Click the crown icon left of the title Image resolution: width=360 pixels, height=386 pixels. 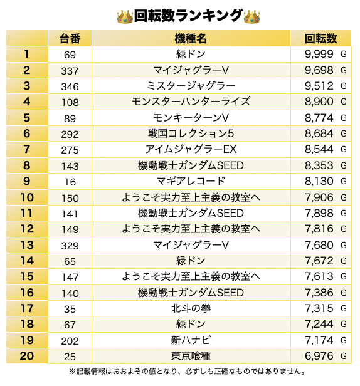[x=125, y=16]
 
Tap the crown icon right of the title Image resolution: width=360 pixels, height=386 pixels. [x=251, y=16]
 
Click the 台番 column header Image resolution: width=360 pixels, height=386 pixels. [x=70, y=39]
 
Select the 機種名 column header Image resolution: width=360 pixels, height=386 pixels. [x=191, y=39]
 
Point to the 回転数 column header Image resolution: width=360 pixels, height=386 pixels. [x=321, y=39]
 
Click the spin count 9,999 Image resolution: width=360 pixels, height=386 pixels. [x=319, y=54]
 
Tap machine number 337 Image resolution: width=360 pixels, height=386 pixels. [x=70, y=71]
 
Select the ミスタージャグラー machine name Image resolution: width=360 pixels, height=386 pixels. [x=191, y=86]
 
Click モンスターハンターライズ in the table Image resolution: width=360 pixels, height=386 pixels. [x=191, y=102]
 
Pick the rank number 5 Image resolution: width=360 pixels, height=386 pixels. [x=26, y=118]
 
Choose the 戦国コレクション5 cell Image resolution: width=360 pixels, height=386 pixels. [x=191, y=133]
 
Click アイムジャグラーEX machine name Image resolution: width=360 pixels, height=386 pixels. [x=191, y=149]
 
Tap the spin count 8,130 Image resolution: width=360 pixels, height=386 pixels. [x=319, y=182]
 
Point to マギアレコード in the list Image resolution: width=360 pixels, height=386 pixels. [x=191, y=181]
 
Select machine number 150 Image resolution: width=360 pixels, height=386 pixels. [x=70, y=198]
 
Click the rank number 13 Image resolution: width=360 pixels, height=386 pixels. [x=26, y=245]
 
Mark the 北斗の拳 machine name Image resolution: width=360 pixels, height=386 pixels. [x=191, y=308]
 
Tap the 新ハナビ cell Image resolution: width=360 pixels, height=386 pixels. [x=191, y=340]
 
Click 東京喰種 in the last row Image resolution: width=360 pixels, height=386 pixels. [x=191, y=356]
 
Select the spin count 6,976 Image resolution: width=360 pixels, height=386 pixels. [x=319, y=356]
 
